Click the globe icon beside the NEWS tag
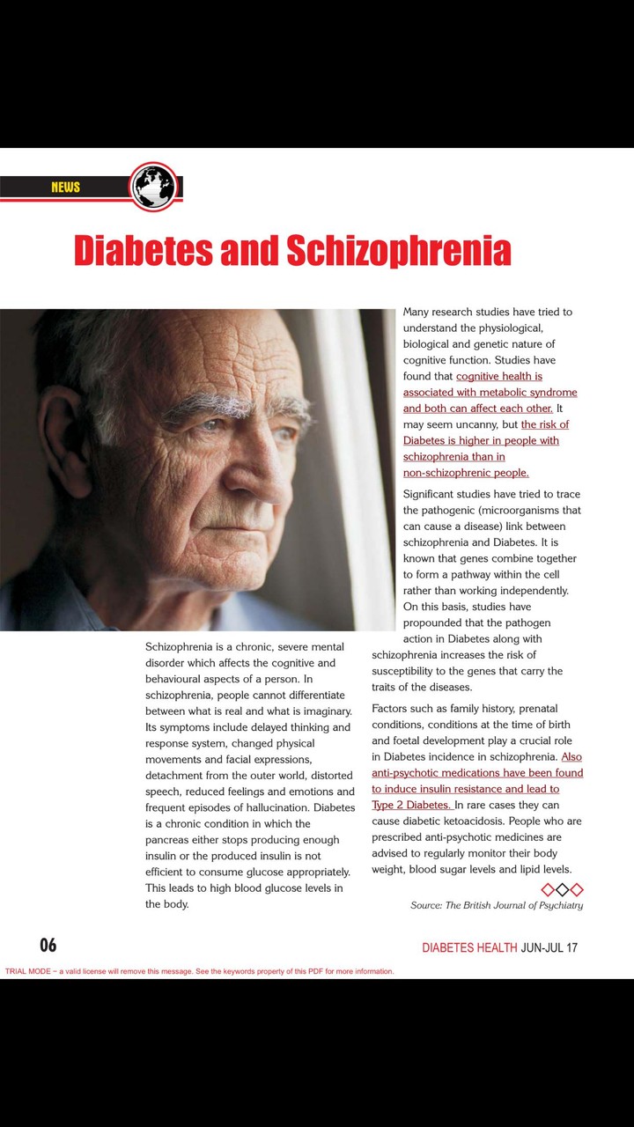154,187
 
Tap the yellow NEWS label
65,187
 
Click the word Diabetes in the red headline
144,250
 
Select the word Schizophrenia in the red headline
399,250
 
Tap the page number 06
48,945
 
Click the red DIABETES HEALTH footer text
469,947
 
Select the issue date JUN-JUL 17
549,947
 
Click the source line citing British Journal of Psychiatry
497,905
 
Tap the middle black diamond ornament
562,890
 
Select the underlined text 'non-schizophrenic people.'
466,473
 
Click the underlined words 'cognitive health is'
498,376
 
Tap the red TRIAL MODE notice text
200,971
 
